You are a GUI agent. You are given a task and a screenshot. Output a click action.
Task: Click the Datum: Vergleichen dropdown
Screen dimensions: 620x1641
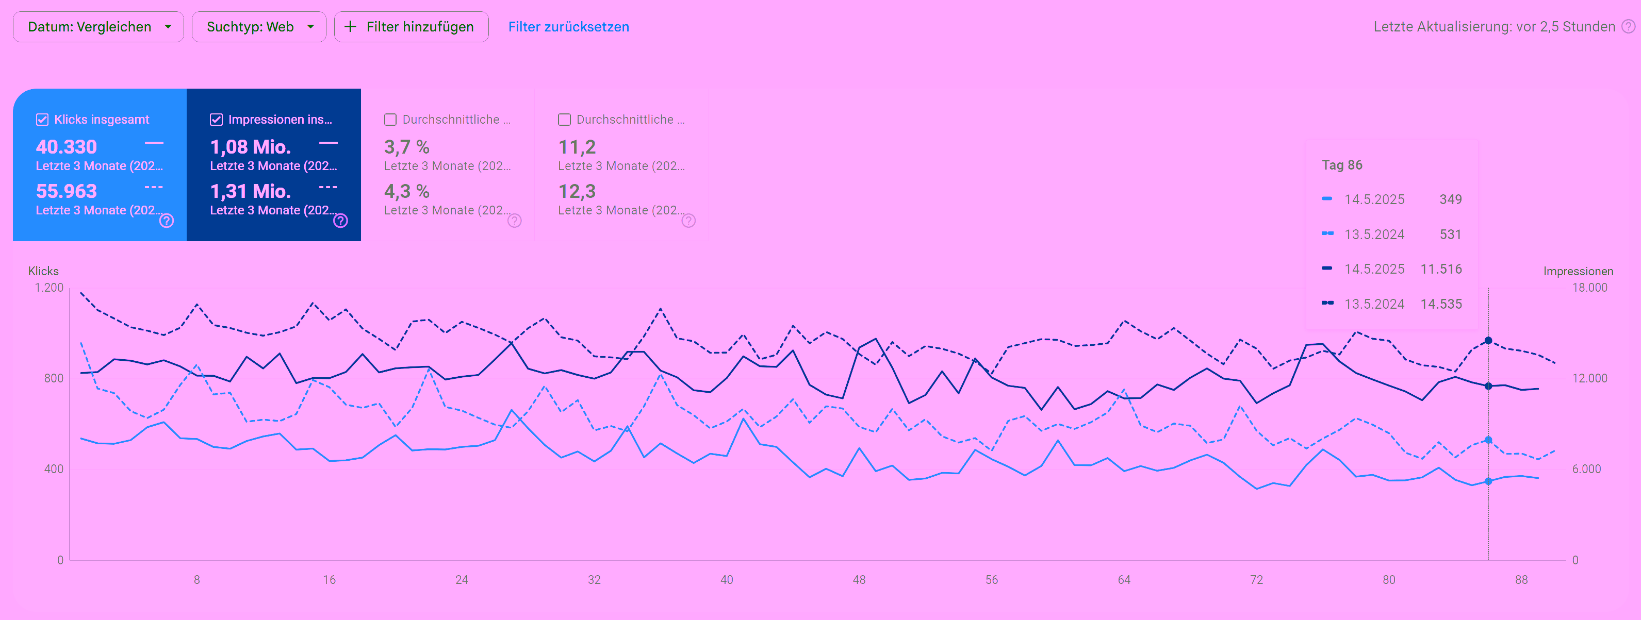pyautogui.click(x=98, y=27)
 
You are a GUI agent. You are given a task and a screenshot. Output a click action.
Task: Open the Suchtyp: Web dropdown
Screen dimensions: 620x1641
pyautogui.click(x=259, y=27)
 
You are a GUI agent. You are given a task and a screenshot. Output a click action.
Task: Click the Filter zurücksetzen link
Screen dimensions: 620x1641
pyautogui.click(x=568, y=27)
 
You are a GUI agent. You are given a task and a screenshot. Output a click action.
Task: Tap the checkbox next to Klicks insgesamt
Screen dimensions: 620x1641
pyautogui.click(x=42, y=120)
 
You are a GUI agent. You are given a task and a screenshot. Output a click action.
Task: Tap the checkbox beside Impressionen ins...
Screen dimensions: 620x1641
pyautogui.click(x=216, y=120)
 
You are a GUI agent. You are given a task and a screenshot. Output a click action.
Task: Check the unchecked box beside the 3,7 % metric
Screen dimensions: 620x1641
pyautogui.click(x=390, y=120)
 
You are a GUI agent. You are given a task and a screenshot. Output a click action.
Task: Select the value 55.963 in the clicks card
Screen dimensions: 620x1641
pyautogui.click(x=66, y=191)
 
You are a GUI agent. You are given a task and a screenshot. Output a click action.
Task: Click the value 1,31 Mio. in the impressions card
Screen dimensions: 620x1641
pyautogui.click(x=250, y=191)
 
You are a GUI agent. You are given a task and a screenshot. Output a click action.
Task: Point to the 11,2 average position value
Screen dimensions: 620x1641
pyautogui.click(x=577, y=147)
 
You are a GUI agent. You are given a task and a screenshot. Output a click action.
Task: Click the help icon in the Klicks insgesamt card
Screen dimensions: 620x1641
pyautogui.click(x=166, y=221)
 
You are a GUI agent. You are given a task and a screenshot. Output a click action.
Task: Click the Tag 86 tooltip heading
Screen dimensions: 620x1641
pyautogui.click(x=1341, y=165)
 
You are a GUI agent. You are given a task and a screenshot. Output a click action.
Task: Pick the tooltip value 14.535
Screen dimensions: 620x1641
pyautogui.click(x=1441, y=304)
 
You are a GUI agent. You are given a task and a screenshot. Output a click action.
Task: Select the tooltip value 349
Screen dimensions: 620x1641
pyautogui.click(x=1451, y=199)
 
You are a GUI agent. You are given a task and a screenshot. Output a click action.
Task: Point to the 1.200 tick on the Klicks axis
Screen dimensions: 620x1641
pyautogui.click(x=49, y=288)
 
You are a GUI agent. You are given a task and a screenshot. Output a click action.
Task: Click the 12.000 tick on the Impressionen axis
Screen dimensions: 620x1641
pyautogui.click(x=1589, y=378)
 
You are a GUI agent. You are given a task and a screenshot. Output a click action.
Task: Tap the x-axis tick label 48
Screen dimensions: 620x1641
pyautogui.click(x=859, y=580)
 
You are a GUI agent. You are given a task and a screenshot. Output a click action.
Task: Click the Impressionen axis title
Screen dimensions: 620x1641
pyautogui.click(x=1578, y=271)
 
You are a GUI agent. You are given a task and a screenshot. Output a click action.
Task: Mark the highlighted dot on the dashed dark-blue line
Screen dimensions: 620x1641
pyautogui.click(x=1488, y=341)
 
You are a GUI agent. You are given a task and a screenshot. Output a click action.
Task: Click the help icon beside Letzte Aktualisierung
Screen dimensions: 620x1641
pyautogui.click(x=1628, y=27)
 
